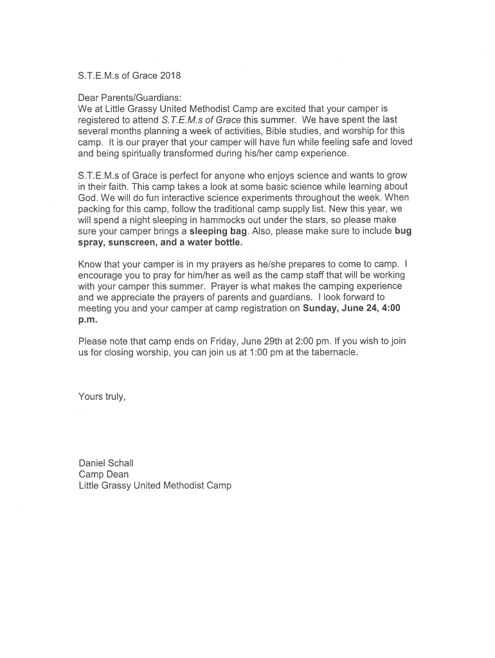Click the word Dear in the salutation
(89, 98)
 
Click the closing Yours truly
(102, 396)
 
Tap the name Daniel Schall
(107, 463)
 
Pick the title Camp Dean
(104, 474)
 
